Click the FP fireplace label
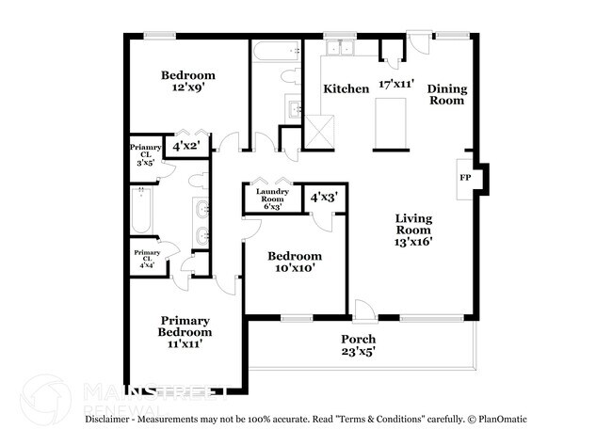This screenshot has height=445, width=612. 464,177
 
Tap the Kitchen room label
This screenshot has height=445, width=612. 346,88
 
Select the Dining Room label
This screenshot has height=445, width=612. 446,95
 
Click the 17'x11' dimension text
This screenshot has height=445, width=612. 396,84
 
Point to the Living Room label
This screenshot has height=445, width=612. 412,224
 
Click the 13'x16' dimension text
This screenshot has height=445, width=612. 412,241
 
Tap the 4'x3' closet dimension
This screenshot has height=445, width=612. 324,199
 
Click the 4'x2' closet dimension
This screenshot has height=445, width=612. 188,146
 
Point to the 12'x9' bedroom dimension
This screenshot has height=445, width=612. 187,88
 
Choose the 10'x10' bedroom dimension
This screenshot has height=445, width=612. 294,268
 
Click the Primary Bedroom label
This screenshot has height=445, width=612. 185,326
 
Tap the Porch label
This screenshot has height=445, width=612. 358,339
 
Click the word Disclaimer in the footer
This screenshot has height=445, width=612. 115,418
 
